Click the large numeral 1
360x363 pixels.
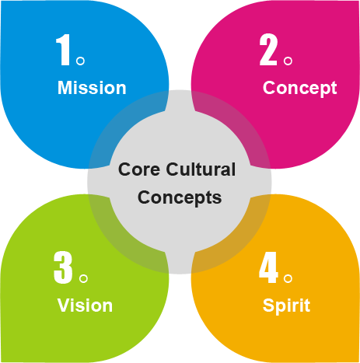(x=63, y=50)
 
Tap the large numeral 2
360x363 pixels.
(x=268, y=50)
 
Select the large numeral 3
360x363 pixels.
(x=63, y=267)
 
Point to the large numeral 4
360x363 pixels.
(x=268, y=267)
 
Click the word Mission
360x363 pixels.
(x=92, y=88)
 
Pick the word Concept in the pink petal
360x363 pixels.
(x=299, y=89)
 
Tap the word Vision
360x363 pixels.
(x=85, y=305)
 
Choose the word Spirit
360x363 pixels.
(x=286, y=306)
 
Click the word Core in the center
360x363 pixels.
(x=139, y=169)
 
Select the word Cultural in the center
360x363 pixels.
(x=201, y=169)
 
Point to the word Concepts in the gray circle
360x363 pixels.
(x=180, y=198)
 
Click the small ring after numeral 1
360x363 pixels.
(x=80, y=61)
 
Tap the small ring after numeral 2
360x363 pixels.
(x=288, y=61)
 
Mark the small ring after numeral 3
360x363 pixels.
(x=83, y=278)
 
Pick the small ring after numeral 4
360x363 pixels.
(x=288, y=278)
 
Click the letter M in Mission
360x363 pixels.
(x=65, y=88)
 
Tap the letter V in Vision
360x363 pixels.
(x=64, y=305)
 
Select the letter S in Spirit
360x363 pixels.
(x=268, y=305)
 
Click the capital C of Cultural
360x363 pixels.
(x=173, y=169)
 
